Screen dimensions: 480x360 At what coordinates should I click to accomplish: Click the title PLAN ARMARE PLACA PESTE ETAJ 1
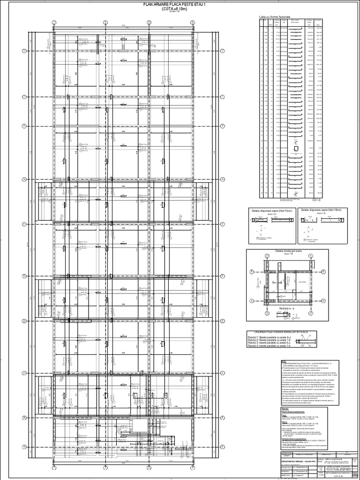180,4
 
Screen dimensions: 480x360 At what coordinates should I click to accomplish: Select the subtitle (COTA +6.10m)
180,8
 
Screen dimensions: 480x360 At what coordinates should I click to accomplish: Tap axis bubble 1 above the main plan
53,22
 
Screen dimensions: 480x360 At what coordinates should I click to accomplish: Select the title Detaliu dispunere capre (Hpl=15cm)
270,210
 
